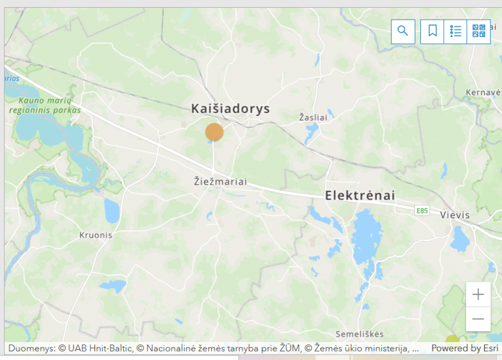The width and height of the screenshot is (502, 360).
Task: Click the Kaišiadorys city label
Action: (x=231, y=109)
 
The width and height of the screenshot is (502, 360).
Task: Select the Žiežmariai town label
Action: (x=220, y=181)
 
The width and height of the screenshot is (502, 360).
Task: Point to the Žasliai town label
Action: (x=313, y=118)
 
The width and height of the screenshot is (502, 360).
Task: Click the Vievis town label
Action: (x=455, y=215)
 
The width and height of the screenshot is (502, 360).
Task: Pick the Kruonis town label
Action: (x=95, y=235)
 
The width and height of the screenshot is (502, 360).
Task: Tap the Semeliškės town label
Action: (x=360, y=334)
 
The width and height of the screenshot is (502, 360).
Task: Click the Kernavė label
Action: (x=483, y=92)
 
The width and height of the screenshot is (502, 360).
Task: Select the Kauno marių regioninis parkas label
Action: (x=44, y=105)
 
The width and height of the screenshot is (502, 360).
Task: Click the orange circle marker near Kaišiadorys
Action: (x=214, y=132)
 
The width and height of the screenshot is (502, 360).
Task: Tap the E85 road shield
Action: (x=422, y=211)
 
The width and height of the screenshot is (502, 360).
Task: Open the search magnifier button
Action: (x=403, y=31)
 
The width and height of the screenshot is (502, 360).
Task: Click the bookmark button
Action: (x=432, y=31)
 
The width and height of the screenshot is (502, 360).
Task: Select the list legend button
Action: (x=455, y=31)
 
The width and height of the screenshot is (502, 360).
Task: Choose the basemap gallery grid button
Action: (x=478, y=31)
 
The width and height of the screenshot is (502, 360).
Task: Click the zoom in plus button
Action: (x=478, y=295)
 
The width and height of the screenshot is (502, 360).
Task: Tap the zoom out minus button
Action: (x=478, y=319)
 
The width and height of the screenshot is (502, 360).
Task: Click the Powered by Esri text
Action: (x=464, y=348)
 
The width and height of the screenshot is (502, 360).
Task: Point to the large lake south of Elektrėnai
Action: (x=366, y=237)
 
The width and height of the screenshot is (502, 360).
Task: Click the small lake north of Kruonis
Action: (x=112, y=211)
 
